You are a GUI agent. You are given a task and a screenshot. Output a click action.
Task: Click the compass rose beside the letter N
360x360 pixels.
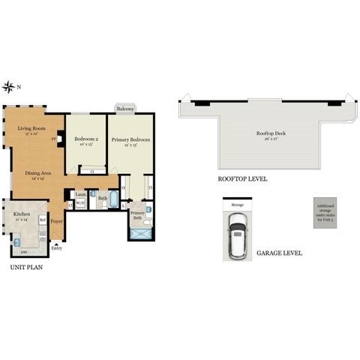pyautogui.click(x=9, y=87)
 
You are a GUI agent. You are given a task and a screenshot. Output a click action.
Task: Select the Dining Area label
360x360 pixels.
pyautogui.click(x=38, y=176)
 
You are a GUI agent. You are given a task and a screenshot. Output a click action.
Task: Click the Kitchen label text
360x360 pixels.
pyautogui.click(x=20, y=217)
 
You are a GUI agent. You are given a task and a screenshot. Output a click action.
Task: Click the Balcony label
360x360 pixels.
pyautogui.click(x=125, y=109)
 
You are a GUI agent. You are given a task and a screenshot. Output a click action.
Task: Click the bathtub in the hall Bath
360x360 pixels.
pyautogui.click(x=110, y=200)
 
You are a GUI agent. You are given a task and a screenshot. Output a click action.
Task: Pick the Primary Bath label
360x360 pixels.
pyautogui.click(x=137, y=215)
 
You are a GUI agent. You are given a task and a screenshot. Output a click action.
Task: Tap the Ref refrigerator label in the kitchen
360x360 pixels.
pyautogui.click(x=43, y=221)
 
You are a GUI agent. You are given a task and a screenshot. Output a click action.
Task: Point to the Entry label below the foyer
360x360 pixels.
pyautogui.click(x=57, y=248)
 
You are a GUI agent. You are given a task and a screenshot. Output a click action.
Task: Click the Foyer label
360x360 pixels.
pyautogui.click(x=57, y=221)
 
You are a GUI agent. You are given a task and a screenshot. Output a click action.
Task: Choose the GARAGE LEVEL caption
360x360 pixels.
pyautogui.click(x=279, y=253)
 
